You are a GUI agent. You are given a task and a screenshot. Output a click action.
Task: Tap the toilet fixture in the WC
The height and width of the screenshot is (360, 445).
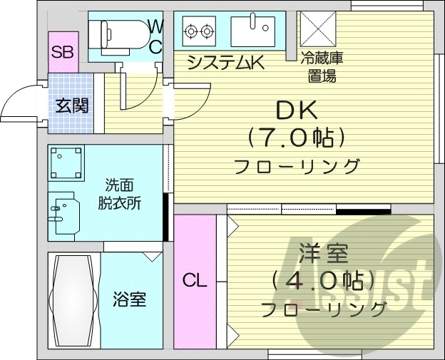(117, 33)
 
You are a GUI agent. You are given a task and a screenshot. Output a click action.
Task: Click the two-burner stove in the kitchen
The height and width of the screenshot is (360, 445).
(199, 31)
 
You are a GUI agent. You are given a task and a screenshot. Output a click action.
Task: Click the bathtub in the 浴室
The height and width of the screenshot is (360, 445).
(73, 299)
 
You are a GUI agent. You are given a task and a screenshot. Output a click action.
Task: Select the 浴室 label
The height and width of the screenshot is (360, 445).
(130, 299)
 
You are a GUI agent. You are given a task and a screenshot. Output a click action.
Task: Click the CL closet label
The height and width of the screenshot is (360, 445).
(194, 280)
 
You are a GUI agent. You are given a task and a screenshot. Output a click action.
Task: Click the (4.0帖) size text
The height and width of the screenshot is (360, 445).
(322, 280)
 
